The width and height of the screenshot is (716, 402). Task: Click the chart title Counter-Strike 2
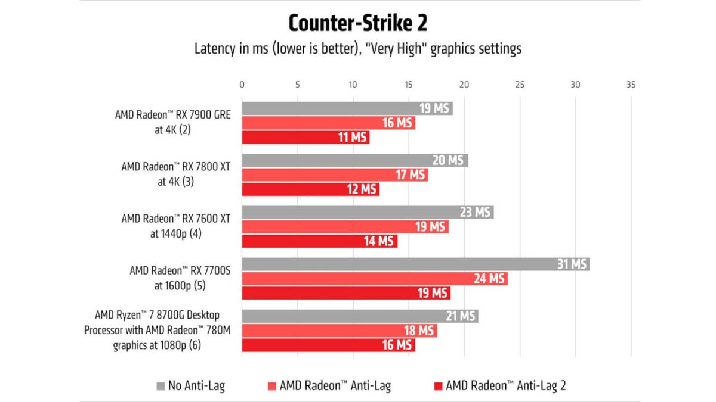[x=357, y=23]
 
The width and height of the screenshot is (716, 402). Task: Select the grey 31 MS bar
[x=415, y=264]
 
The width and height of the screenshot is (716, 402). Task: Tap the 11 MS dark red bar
[x=305, y=138]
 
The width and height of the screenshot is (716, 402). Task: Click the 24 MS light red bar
[x=374, y=279]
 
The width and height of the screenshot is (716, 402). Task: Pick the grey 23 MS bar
[x=368, y=213]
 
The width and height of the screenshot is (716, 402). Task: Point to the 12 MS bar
[x=310, y=189]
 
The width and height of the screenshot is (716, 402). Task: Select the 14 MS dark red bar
[x=319, y=241]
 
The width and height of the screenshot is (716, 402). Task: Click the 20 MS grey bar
[x=354, y=161]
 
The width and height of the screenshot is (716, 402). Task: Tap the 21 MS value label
[x=460, y=316]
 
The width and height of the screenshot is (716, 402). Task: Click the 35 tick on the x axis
[x=631, y=85]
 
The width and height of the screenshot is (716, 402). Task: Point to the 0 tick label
[x=242, y=85]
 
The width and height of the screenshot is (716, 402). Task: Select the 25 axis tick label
[x=520, y=85]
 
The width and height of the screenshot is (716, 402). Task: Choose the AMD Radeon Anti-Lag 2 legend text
[x=505, y=386]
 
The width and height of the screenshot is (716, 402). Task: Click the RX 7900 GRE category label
[x=172, y=122]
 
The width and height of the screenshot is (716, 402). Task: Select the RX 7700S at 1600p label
[x=180, y=278]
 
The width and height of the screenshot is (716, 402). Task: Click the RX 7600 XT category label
[x=175, y=226]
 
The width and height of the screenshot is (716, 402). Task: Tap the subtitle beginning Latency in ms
[x=357, y=49]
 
